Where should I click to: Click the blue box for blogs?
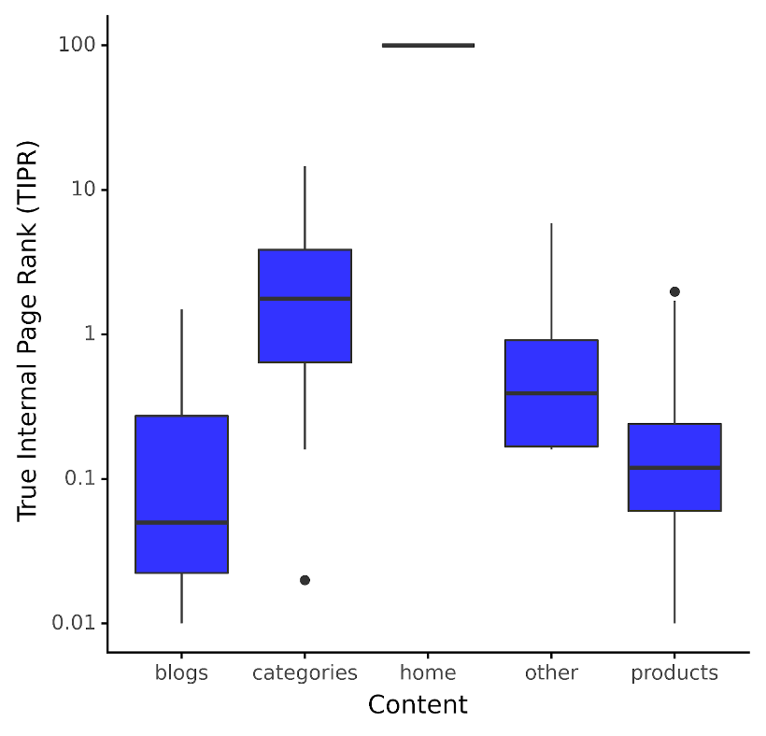pos(181,467)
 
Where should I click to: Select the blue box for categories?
pos(305,327)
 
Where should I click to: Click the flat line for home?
pos(428,45)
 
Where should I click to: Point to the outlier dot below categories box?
pos(305,580)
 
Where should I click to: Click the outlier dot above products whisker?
pos(674,291)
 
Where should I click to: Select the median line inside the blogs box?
pos(181,522)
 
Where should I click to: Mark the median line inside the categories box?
pos(305,298)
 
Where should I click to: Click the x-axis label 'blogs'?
pos(181,672)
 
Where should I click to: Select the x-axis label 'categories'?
pos(305,672)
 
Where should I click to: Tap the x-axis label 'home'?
pos(428,672)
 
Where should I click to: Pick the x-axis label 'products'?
pos(674,672)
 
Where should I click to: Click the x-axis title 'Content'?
pos(418,704)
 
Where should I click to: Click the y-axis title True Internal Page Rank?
pos(27,332)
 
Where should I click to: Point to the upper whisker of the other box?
pos(551,280)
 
